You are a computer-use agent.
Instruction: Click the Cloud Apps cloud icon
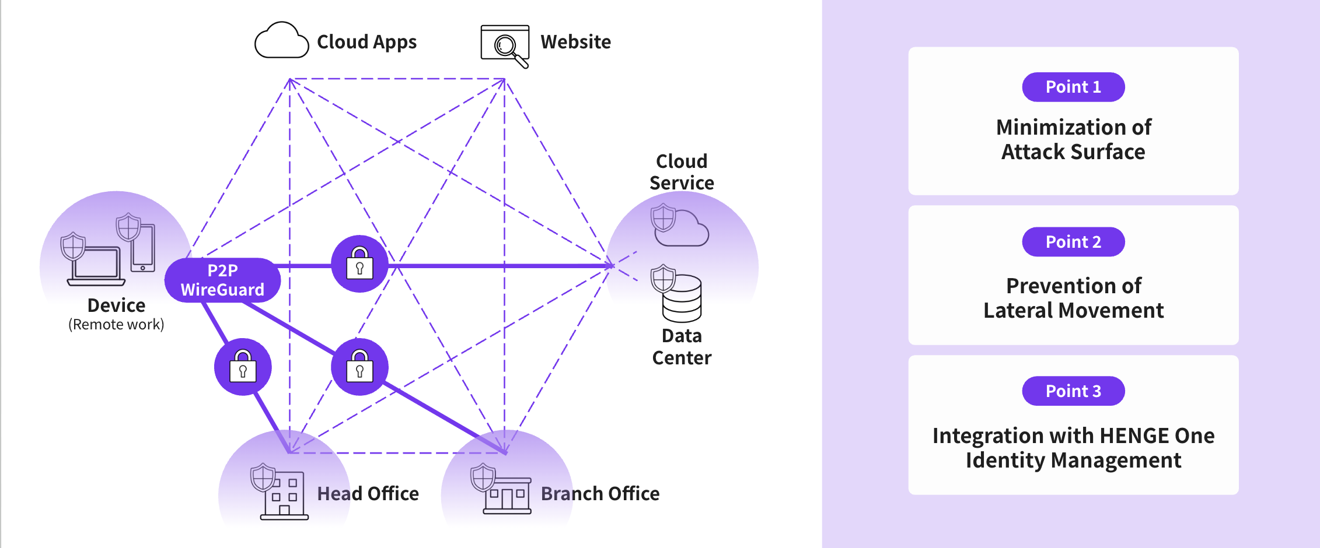click(281, 41)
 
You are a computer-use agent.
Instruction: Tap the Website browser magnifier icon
click(505, 44)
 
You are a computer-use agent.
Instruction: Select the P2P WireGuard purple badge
click(222, 280)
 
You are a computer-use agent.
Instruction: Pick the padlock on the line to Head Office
click(243, 367)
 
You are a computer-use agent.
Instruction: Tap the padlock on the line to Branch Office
click(359, 367)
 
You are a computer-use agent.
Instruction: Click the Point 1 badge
click(1073, 87)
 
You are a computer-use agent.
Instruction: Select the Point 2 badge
click(1073, 242)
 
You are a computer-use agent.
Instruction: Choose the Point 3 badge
click(1073, 391)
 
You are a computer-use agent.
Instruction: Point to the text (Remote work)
click(116, 325)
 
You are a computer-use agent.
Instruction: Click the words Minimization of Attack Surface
click(1073, 139)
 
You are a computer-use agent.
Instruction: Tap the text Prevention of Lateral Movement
click(1073, 298)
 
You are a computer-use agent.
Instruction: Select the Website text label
click(575, 42)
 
